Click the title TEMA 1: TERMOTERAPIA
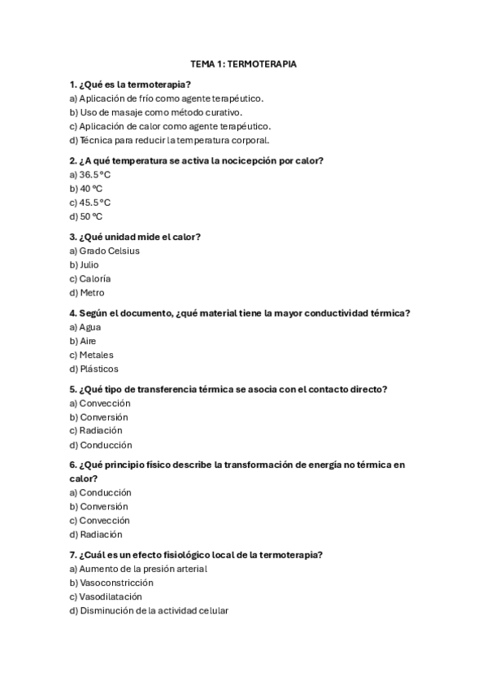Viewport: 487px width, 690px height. pyautogui.click(x=243, y=63)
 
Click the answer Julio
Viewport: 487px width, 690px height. pyautogui.click(x=89, y=264)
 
